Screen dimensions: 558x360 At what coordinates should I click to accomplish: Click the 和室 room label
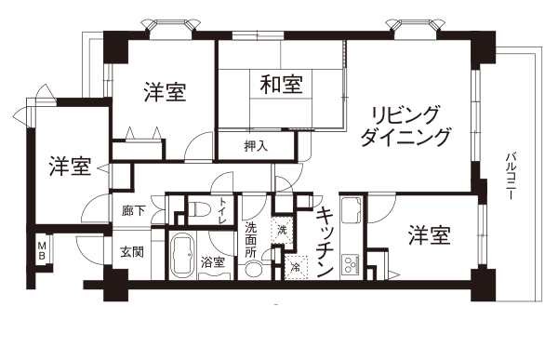pos(281,85)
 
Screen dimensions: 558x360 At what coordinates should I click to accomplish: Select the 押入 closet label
pos(256,146)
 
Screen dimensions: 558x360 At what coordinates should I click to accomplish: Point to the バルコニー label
pos(511,176)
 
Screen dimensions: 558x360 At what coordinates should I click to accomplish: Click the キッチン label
pos(325,242)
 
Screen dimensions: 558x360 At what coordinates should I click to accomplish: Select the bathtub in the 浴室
pos(182,255)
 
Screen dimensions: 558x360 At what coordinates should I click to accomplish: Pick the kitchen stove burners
pos(351,264)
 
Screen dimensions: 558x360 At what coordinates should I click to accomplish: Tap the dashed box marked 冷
pos(296,267)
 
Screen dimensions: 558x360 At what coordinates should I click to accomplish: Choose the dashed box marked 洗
pos(282,230)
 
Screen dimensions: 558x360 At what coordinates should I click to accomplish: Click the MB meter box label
pos(42,250)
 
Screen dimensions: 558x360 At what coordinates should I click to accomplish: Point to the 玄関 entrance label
pos(132,252)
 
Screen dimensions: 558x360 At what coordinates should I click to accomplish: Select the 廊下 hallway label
pos(133,211)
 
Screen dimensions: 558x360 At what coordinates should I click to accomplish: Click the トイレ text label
pos(223,210)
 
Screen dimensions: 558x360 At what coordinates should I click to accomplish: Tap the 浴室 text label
pos(213,262)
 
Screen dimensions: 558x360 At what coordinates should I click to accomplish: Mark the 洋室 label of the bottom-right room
pos(430,235)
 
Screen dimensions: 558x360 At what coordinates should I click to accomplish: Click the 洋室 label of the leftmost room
pos(70,167)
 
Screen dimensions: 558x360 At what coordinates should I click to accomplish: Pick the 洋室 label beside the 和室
pos(166,92)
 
